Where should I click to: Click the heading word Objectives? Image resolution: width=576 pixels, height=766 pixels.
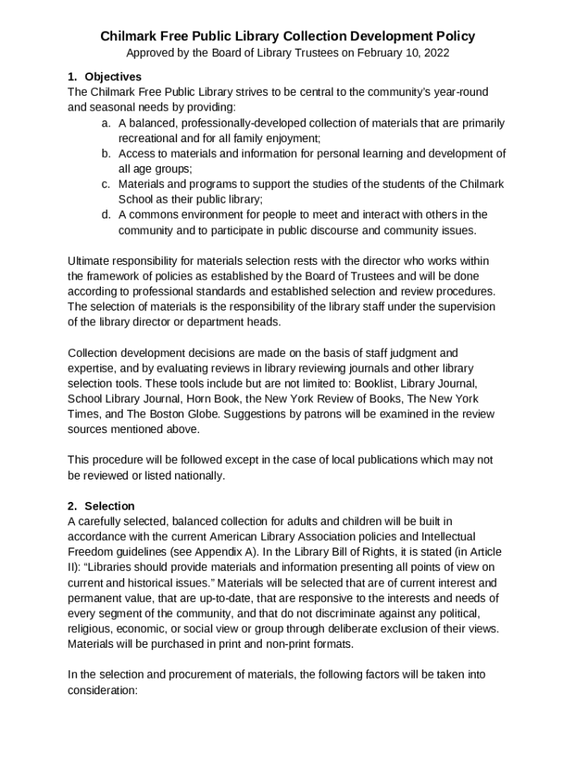[x=113, y=77]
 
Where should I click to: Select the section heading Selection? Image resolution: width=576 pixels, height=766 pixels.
[x=109, y=506]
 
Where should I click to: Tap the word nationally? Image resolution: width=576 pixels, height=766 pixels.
[x=197, y=476]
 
